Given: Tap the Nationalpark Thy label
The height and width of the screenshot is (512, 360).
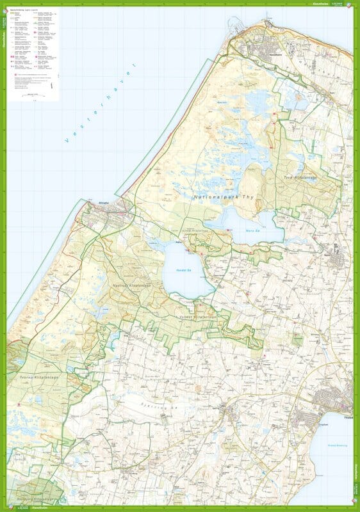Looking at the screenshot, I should pos(225,197).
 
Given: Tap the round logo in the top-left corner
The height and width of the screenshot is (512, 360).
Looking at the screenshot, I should pos(4,4).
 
